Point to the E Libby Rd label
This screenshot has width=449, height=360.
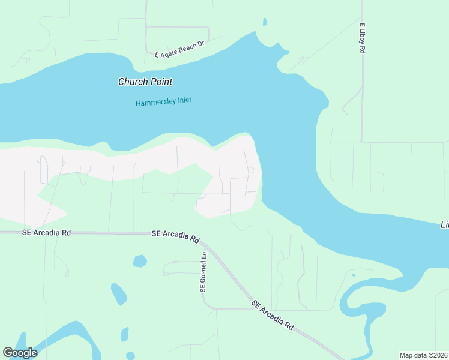(x=363, y=39)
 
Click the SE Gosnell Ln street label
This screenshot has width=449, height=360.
(x=203, y=271)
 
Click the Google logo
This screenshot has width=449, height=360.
(x=20, y=353)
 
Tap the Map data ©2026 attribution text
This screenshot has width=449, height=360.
(x=424, y=355)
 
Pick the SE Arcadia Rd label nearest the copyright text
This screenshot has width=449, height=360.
(x=273, y=316)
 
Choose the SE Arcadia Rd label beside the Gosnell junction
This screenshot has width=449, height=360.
(x=175, y=235)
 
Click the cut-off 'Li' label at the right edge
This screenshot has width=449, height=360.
(x=445, y=224)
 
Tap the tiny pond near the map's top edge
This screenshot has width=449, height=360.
(x=264, y=23)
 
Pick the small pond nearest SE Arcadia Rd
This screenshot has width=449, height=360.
(x=139, y=261)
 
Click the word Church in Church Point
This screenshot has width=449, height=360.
(x=131, y=82)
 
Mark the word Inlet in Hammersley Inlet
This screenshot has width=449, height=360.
(x=182, y=100)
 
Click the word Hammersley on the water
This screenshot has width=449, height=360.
(x=154, y=103)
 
